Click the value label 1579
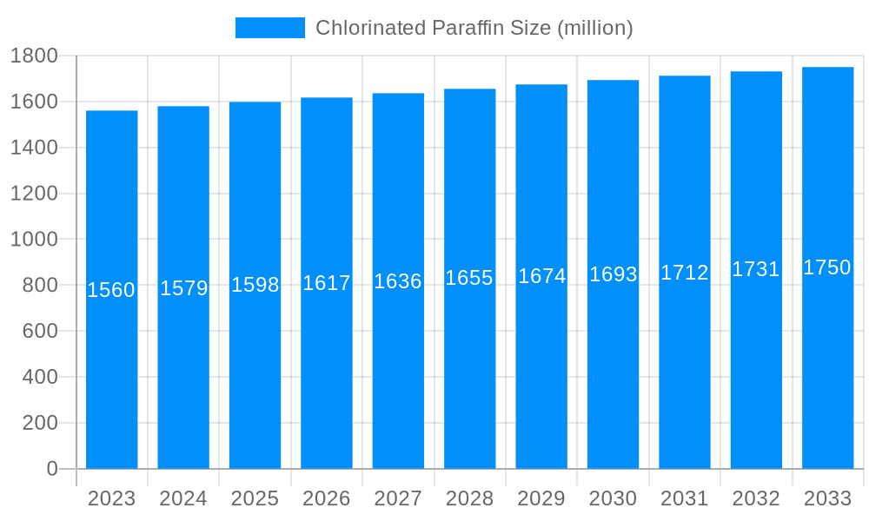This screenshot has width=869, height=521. pos(183,288)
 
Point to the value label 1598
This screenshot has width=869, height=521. pos(255,285)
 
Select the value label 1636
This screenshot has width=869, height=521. pos(398,281)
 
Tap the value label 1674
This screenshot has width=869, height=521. pos(541,276)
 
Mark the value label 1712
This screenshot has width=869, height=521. pos(684,273)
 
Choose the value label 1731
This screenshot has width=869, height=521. pos(755,269)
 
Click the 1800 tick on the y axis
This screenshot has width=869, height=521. pos(34,56)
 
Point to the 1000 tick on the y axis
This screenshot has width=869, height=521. pos(34,240)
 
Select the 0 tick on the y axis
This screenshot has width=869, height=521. pos(51,469)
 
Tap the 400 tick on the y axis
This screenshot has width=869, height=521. pos(39,377)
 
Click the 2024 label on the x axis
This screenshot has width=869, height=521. pos(183,498)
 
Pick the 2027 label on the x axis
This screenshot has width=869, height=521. pos(398,498)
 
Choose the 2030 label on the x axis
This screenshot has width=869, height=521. pos(613,498)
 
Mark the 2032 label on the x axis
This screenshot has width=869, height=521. pos(756,498)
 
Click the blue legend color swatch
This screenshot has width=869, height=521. pos(270,28)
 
